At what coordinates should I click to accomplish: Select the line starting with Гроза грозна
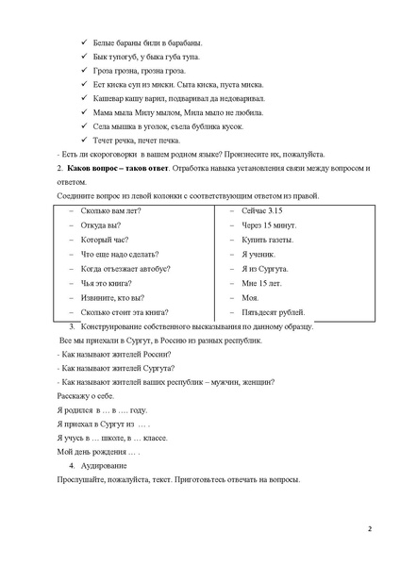pos(141,71)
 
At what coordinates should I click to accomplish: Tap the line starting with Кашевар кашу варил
pos(178,98)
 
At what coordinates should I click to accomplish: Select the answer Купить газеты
pos(266,240)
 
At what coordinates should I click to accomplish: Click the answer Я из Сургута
pos(263,269)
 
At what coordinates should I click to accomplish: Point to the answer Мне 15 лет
pos(261,283)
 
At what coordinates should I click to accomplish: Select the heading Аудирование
pos(100,466)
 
